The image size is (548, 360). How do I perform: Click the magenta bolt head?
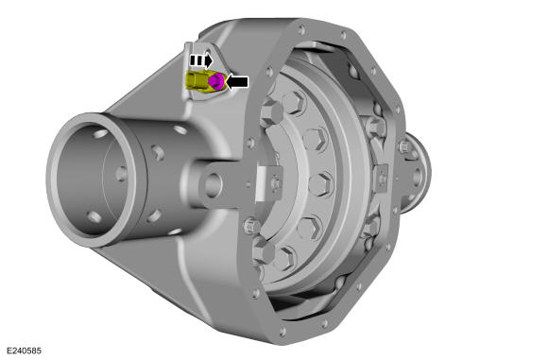pyautogui.click(x=215, y=81)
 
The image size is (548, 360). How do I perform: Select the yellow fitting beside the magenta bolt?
pyautogui.click(x=197, y=80)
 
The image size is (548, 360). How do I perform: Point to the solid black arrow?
pyautogui.click(x=237, y=82)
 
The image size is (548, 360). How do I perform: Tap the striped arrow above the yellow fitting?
pyautogui.click(x=200, y=60)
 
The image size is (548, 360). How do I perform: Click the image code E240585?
pyautogui.click(x=24, y=351)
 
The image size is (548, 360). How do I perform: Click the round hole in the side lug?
pyautogui.click(x=213, y=183)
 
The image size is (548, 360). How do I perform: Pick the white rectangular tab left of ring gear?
pyautogui.click(x=261, y=184)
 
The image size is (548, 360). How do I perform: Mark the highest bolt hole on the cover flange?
pyautogui.click(x=301, y=29)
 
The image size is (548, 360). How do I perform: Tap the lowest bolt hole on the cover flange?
pyautogui.click(x=283, y=331)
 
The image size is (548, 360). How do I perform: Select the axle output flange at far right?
pyautogui.click(x=417, y=173)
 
